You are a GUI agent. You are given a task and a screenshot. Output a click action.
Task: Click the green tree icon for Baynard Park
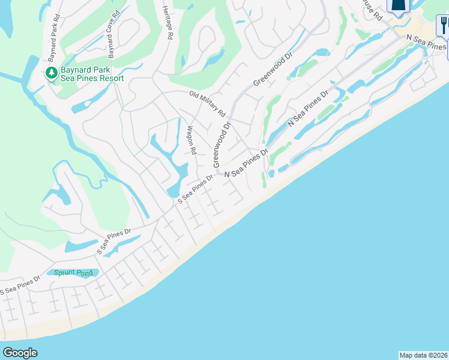(52, 73)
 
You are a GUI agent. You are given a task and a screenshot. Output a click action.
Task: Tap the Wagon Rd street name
(191, 140)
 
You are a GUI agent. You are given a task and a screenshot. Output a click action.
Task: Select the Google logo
(20, 353)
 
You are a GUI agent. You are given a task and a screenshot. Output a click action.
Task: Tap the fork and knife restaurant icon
(444, 25)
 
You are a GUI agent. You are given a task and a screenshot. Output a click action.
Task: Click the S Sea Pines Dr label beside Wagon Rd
(195, 188)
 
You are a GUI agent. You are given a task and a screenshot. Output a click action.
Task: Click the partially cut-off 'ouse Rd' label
(372, 10)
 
